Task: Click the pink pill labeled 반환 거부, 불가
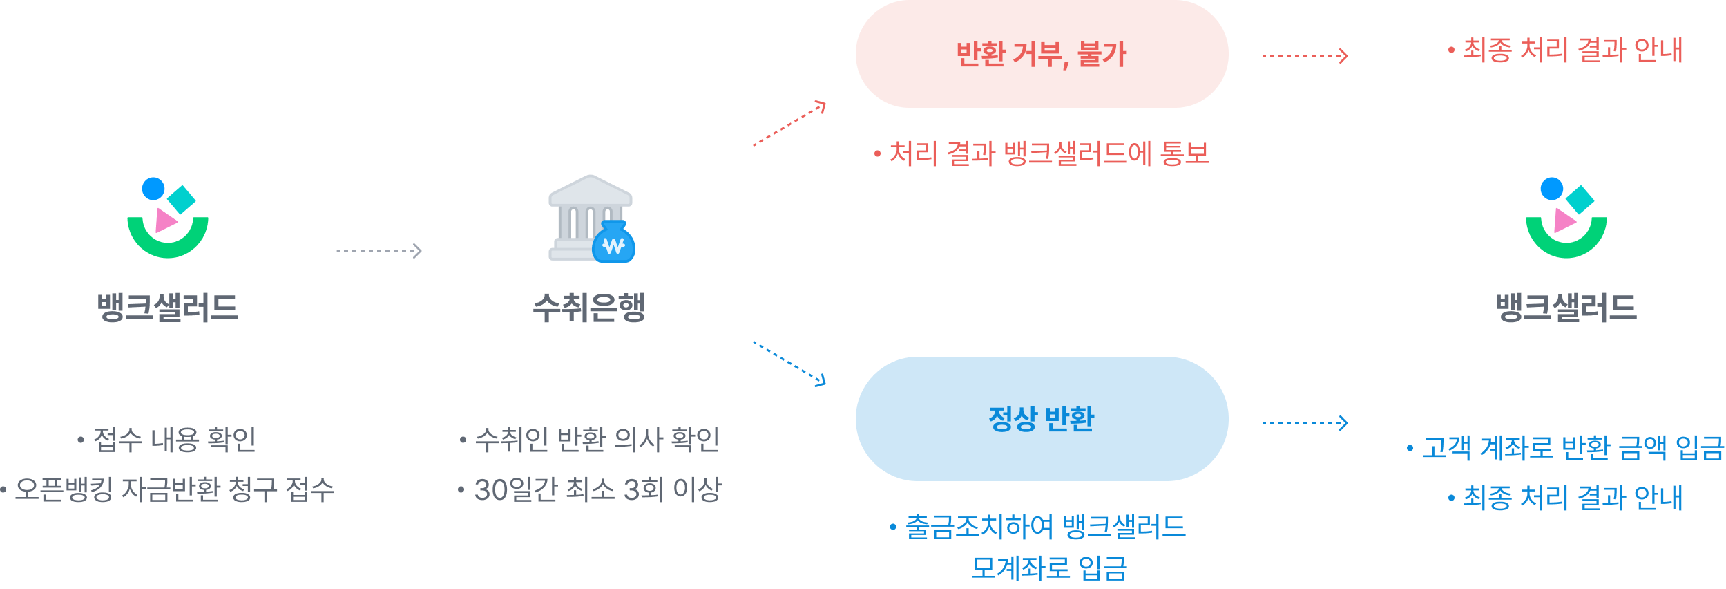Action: click(1041, 54)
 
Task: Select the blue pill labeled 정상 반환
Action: click(1041, 418)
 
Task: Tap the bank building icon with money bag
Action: click(592, 219)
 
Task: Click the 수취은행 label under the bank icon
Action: click(589, 308)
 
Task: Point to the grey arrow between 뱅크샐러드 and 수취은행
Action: click(378, 250)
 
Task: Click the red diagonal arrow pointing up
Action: click(789, 124)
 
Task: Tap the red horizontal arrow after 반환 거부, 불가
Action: click(1305, 55)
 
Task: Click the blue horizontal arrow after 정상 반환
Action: click(1305, 422)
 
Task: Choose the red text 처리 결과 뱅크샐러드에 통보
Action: click(1042, 153)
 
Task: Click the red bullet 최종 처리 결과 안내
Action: click(1566, 50)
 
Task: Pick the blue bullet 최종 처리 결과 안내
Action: click(1566, 498)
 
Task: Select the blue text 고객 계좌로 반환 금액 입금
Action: click(1566, 448)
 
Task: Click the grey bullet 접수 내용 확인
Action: click(167, 440)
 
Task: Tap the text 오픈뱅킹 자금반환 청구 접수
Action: click(168, 489)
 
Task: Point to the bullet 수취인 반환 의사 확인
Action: click(590, 440)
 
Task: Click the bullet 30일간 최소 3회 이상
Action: click(590, 489)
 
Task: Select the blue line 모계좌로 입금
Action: click(1048, 568)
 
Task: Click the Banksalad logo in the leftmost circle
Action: click(168, 218)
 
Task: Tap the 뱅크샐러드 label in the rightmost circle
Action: click(1566, 308)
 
